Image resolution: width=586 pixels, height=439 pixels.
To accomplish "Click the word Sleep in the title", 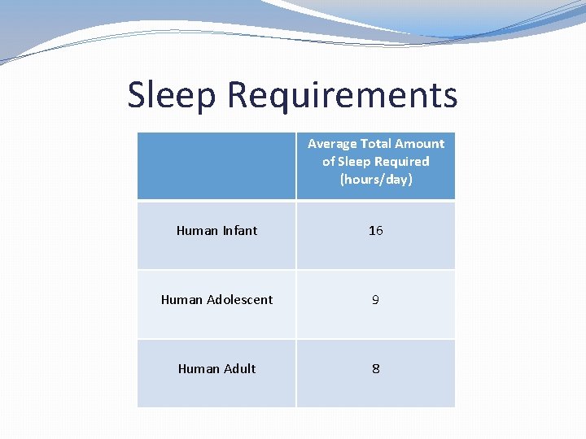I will point(172,95).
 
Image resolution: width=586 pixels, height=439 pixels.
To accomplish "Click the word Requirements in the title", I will point(342,95).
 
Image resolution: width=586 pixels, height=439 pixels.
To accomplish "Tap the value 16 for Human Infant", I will point(375,231).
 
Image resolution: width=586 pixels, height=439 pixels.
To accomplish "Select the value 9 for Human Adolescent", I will point(375,300).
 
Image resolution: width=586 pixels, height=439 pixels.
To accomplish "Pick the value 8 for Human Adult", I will point(375,369).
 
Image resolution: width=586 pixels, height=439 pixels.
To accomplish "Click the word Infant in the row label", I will point(239,231).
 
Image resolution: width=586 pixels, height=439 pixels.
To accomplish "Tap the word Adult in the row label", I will point(238,369).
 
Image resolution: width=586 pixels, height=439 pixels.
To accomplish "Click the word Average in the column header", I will point(332,144).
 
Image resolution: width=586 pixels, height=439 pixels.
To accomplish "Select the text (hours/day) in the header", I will point(376,180).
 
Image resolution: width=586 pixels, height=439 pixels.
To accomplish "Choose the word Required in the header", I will point(401,162).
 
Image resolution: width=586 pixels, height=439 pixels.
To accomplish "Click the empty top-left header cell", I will point(216,166).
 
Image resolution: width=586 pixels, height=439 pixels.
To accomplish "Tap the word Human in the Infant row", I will point(197,231).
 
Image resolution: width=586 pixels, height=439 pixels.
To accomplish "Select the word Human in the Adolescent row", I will point(181,300).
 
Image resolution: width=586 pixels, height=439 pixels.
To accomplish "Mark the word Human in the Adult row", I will point(199,369).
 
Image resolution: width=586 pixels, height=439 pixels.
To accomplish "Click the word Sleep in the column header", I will point(354,162).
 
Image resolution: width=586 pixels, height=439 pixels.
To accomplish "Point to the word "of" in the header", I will point(329,162).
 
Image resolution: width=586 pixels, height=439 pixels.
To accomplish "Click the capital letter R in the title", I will point(238,95).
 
